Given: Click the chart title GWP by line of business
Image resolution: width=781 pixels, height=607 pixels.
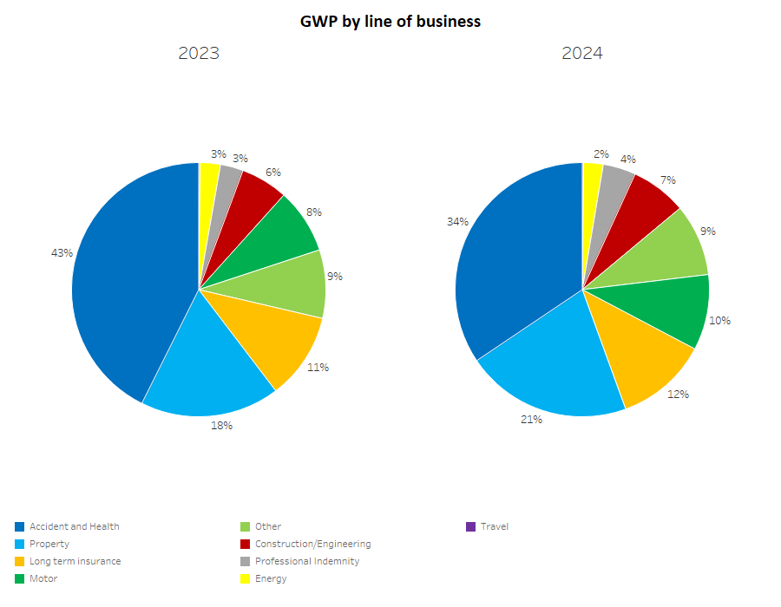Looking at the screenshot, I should coord(390,22).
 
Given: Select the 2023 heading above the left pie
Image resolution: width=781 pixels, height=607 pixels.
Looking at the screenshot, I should coord(199,54).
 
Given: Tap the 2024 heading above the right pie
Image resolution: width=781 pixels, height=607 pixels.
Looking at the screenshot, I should coord(582,54).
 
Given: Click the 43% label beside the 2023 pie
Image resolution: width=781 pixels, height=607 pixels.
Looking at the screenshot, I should coord(62,253).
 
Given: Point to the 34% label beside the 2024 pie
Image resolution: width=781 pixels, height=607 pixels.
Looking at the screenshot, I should coord(457,222).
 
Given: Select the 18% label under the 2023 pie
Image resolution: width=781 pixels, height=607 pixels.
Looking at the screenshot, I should coord(221,426).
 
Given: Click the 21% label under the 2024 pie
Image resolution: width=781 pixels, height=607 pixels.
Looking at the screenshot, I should coord(531,420).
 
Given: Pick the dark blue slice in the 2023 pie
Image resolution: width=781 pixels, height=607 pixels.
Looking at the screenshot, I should coord(130,277).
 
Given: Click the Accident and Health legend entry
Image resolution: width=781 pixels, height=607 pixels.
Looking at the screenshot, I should coord(75,526).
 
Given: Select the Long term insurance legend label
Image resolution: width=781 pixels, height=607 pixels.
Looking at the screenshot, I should coord(75,561).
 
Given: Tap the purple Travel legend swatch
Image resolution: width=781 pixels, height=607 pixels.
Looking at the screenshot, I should coord(471,526).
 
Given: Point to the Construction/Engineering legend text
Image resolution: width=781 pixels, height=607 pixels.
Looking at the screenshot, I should coord(312,544).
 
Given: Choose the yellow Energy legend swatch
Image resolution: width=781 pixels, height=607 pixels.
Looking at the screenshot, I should coord(246,578).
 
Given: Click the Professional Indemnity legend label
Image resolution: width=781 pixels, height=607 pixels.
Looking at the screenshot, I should coord(307,561).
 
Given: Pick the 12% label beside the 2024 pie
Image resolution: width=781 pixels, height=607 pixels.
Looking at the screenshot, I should coord(678,395).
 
